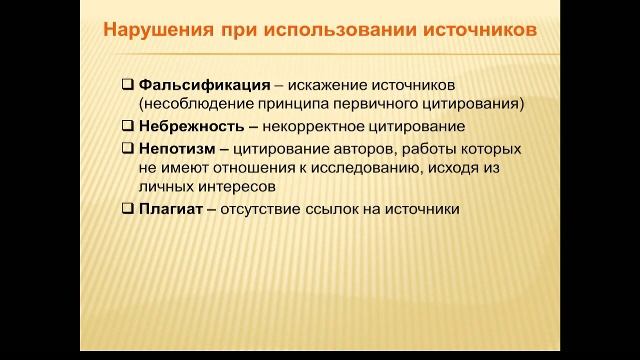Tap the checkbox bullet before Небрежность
tap(127, 126)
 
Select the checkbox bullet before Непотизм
tap(127, 148)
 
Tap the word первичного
tap(400, 104)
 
